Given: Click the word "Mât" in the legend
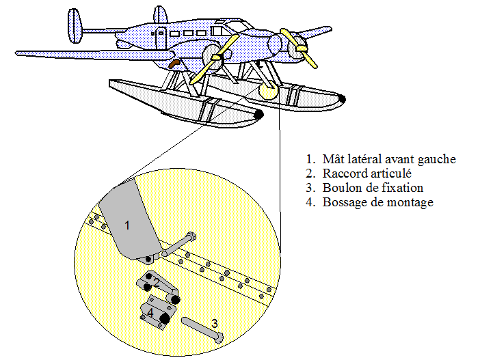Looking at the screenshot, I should coord(334,159).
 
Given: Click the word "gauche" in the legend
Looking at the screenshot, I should coord(437,159).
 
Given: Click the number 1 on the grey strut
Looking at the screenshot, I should coord(126,223).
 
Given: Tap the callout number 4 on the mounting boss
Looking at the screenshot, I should coord(150,312).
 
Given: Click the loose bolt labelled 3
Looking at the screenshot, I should coord(201,329).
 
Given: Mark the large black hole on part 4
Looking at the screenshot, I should coord(164,319).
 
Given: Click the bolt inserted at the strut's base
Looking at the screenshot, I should coord(179,245).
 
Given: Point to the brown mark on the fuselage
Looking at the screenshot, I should coord(175,64).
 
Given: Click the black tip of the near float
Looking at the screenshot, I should coord(258,115).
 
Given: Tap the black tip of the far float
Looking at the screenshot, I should coord(342,99).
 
